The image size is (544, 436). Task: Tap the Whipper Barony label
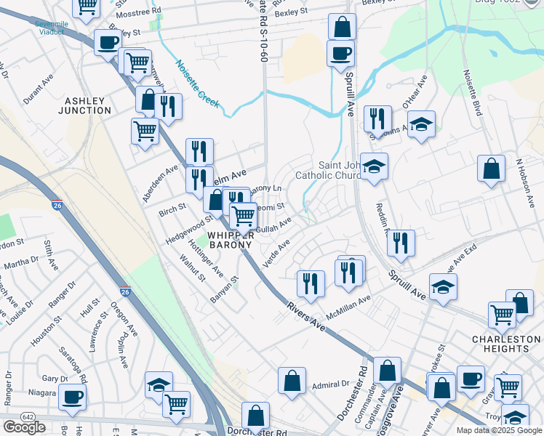231,240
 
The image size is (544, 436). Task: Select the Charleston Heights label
506,344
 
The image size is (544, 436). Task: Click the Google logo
24,427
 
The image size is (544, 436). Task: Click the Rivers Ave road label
305,318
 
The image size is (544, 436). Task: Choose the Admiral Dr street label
331,384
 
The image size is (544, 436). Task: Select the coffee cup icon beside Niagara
72,397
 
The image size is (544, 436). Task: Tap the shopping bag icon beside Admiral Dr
292,380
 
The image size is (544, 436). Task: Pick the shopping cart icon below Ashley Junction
145,132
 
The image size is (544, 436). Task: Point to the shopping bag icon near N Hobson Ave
492,169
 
